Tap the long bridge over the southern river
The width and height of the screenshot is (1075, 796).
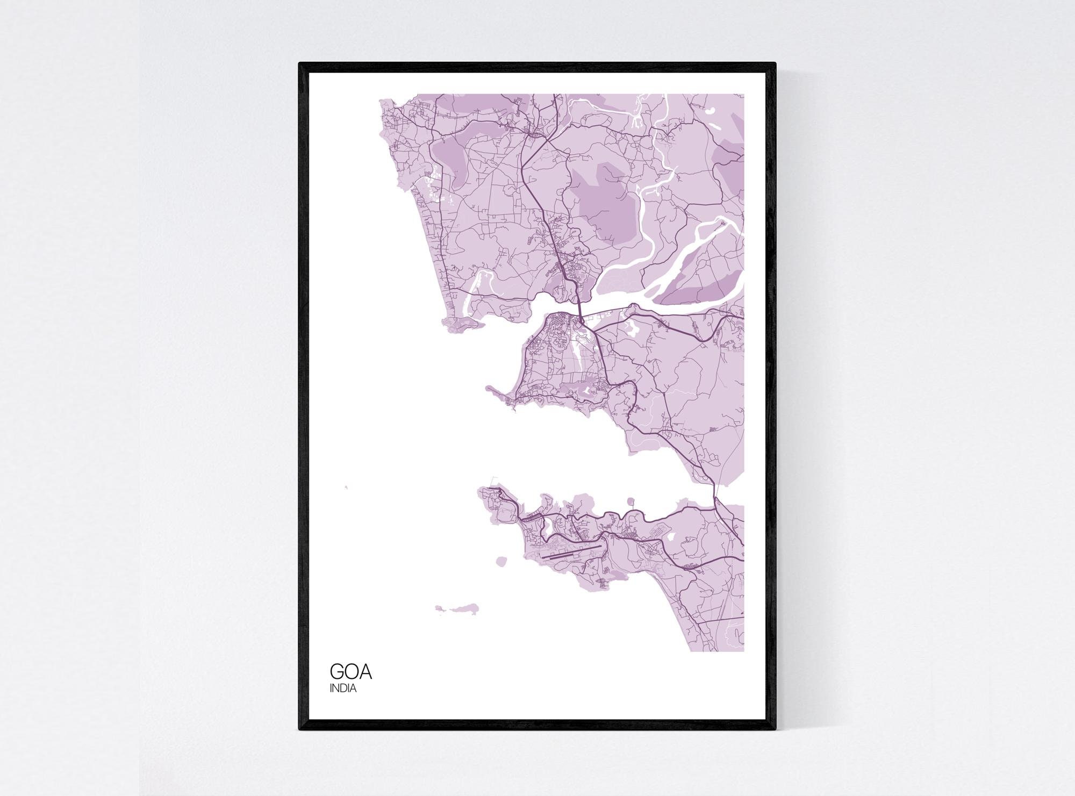715,492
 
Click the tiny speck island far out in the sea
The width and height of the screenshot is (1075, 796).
346,487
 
